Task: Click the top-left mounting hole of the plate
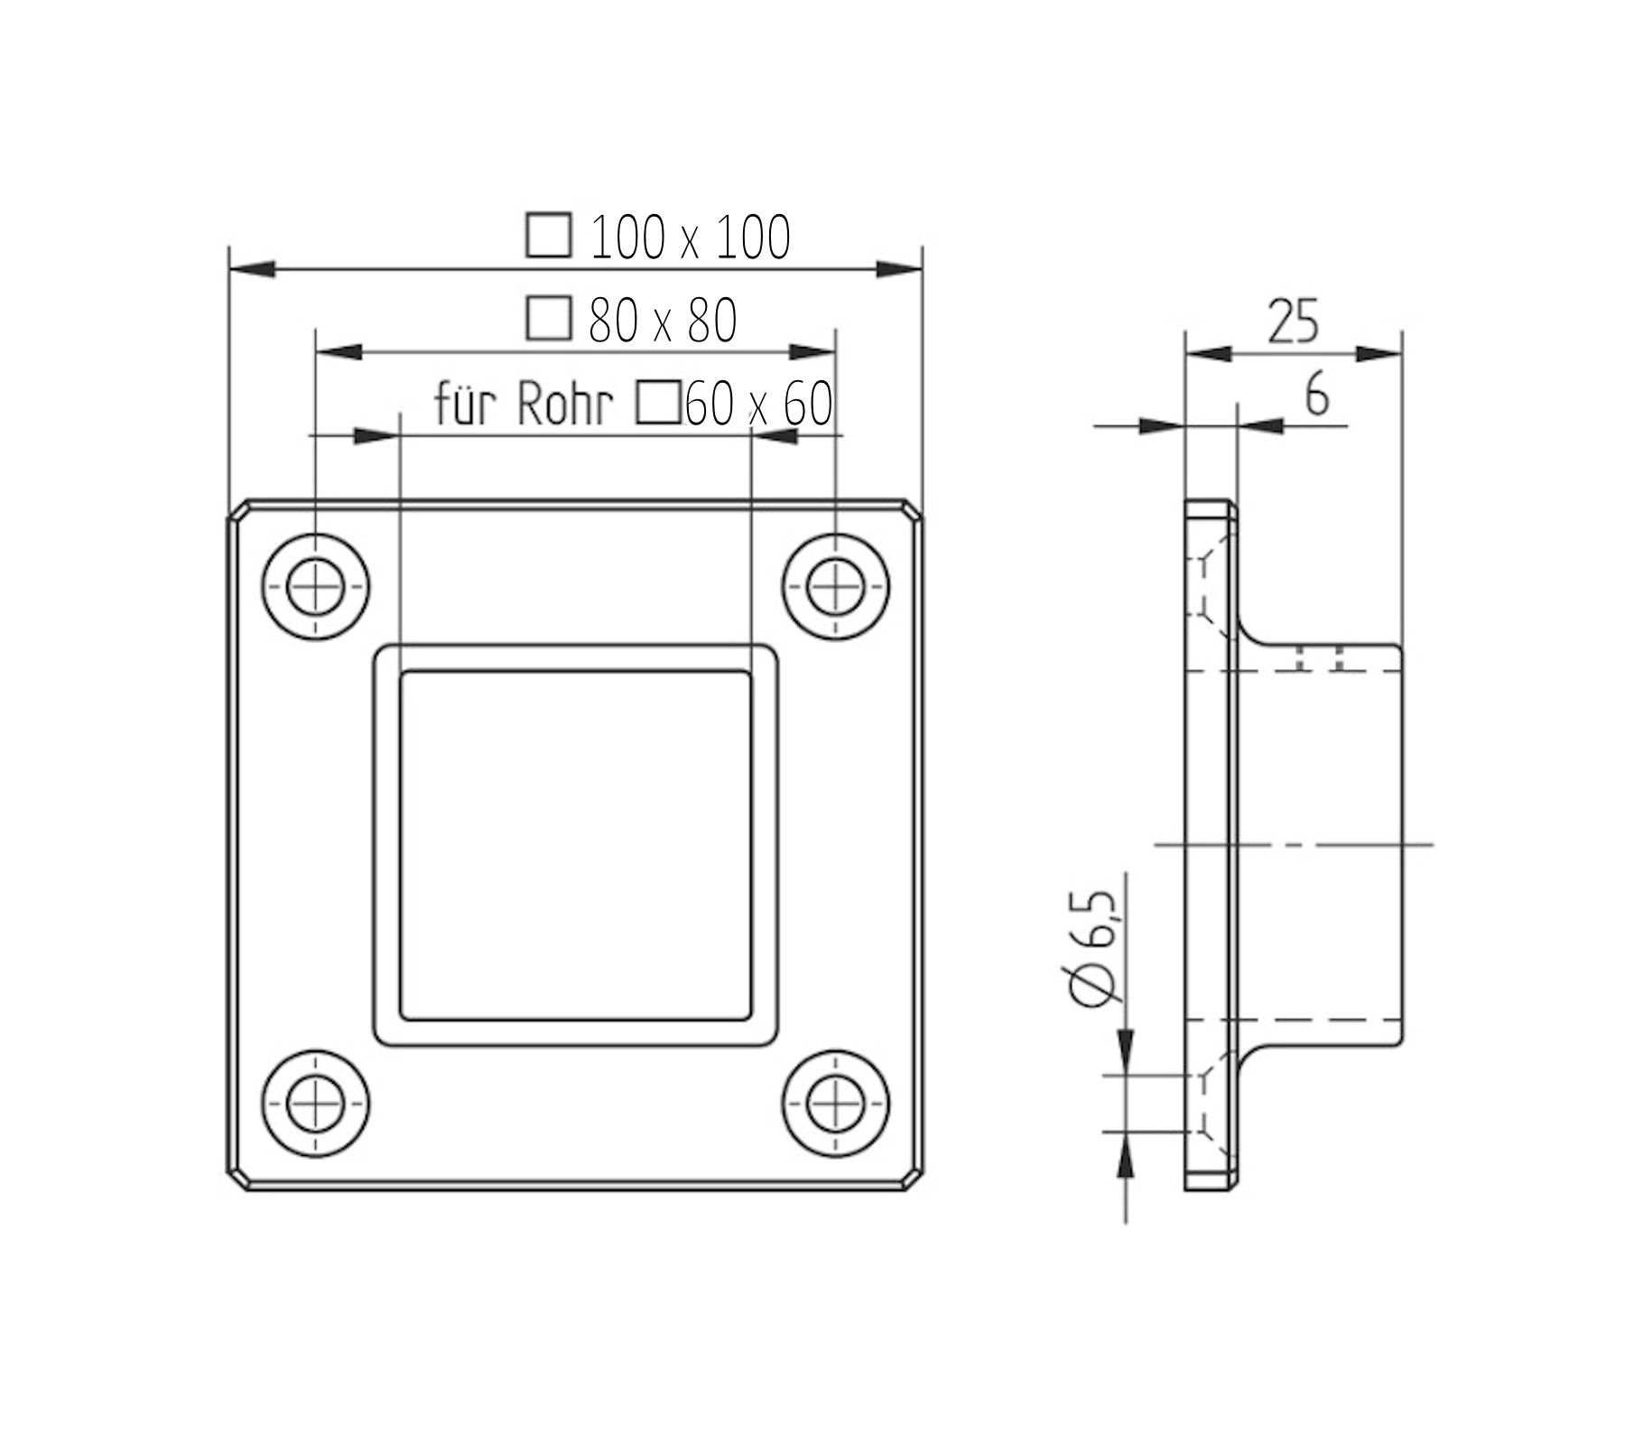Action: tap(315, 587)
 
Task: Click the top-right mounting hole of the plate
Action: tap(835, 587)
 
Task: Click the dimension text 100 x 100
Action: tap(691, 238)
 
